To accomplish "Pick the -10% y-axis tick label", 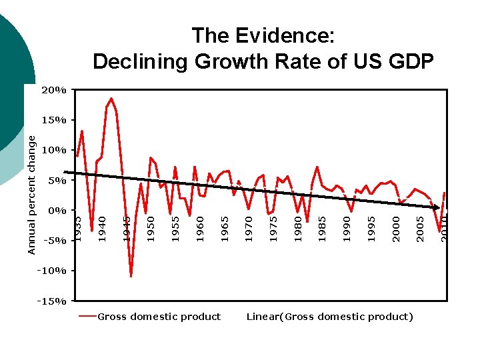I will [53, 271].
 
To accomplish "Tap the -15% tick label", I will [53, 301].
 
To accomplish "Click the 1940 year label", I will [102, 228].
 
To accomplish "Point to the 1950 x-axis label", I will [151, 228].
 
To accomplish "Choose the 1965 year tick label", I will [225, 228].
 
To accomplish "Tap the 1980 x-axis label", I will [299, 228].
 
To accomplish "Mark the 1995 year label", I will [373, 228].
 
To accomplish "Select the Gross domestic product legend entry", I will [159, 317].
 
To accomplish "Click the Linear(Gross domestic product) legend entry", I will [329, 317].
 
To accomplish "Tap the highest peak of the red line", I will [111, 99].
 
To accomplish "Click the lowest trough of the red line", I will [131, 276].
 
